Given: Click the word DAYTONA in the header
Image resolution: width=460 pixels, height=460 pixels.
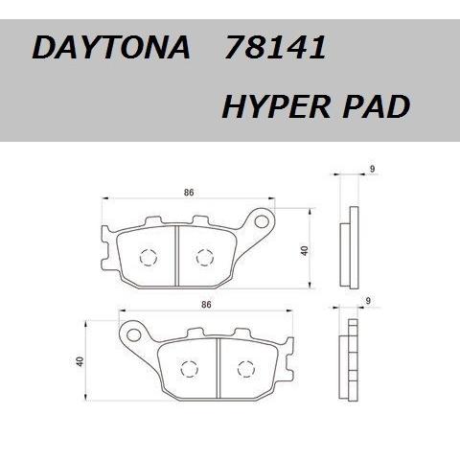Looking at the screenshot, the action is click(111, 47).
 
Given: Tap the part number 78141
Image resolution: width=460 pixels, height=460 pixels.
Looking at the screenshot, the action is click(275, 47).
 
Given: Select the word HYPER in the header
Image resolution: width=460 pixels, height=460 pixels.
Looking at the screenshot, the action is click(276, 106).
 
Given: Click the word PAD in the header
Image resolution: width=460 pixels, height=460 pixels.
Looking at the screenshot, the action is click(377, 106).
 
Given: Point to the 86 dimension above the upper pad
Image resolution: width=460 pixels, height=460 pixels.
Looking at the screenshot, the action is click(189, 193).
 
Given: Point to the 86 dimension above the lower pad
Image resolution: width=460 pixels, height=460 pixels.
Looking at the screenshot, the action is click(206, 305).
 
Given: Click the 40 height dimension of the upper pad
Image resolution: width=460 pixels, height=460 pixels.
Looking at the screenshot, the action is click(305, 250).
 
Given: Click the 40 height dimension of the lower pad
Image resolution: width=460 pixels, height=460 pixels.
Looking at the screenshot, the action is click(80, 361).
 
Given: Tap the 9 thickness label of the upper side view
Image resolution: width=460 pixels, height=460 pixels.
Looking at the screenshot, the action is click(372, 169).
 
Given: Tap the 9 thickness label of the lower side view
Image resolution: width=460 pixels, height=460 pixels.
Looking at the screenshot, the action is click(368, 301).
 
